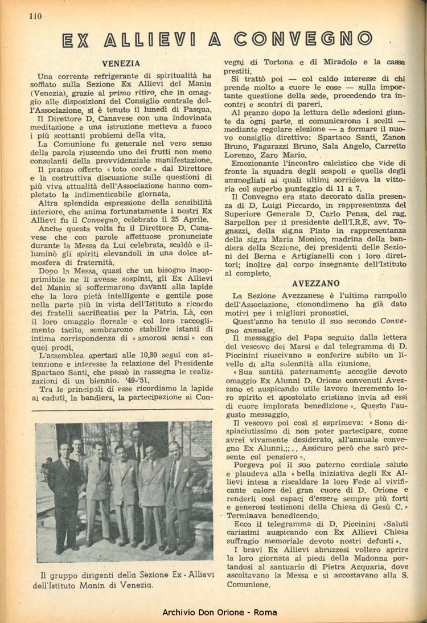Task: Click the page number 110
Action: (x=36, y=16)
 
